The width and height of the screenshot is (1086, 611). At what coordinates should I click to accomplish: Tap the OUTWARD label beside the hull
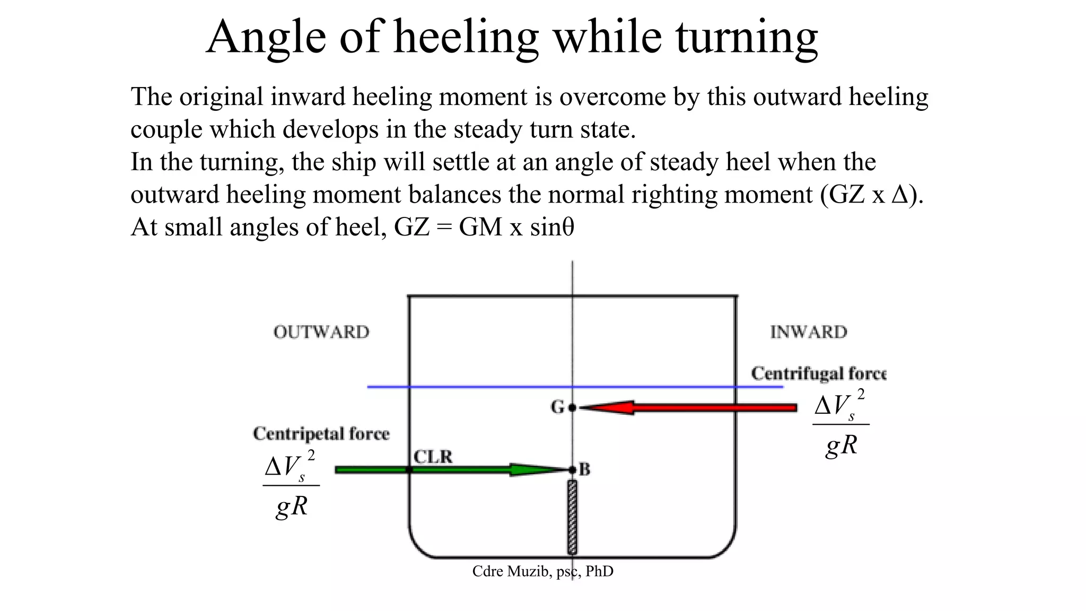(321, 332)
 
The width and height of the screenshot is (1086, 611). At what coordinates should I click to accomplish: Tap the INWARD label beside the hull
(809, 332)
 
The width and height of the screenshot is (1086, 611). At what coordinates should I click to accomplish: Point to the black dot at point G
(572, 407)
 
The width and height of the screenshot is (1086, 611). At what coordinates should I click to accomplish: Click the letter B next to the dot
(584, 469)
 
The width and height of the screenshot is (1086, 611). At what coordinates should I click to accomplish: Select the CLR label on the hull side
(433, 457)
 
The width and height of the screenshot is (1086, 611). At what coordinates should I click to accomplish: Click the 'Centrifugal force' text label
(818, 373)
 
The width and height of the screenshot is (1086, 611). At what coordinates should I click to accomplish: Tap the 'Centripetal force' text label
(321, 433)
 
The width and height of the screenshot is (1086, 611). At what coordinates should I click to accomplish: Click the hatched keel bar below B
(572, 517)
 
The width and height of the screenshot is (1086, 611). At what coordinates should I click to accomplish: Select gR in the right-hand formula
(842, 444)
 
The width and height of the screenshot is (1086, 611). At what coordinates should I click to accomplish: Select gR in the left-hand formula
(292, 505)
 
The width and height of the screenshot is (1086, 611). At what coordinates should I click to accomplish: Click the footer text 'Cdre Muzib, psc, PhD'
(542, 571)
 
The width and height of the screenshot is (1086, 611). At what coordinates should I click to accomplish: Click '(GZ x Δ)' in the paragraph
(871, 195)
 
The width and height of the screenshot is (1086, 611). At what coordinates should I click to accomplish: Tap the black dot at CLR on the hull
(409, 469)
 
